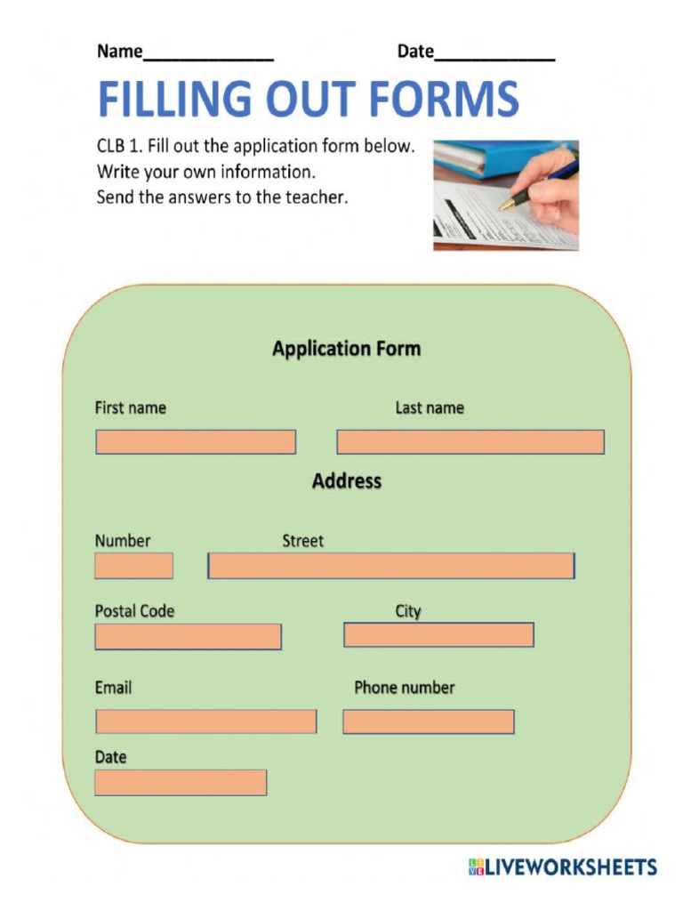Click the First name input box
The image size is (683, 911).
click(196, 442)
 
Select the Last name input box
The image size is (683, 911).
click(470, 442)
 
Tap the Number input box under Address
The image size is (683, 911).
click(133, 566)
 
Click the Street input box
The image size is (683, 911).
click(391, 566)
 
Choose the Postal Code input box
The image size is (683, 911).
click(188, 636)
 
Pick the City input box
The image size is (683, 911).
click(438, 634)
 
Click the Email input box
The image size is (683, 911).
click(205, 722)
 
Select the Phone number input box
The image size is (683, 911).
click(428, 722)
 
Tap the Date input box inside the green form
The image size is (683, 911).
click(181, 782)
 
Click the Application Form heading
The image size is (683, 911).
click(346, 349)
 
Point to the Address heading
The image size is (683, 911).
click(346, 481)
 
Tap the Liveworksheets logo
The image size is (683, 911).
click(562, 867)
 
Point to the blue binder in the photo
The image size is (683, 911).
click(480, 158)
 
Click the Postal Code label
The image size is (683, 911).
click(134, 611)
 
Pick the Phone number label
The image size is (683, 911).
click(404, 688)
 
